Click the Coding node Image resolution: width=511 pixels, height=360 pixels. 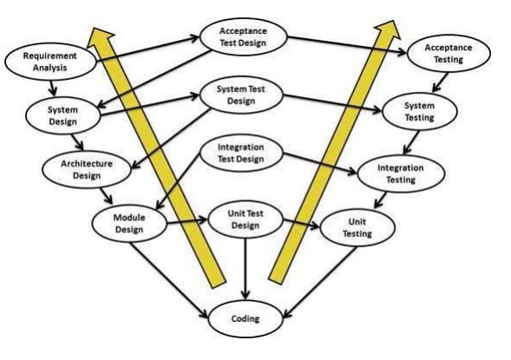[x=246, y=318]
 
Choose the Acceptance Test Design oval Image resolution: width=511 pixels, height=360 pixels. [x=243, y=36]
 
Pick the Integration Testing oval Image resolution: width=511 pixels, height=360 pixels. [x=396, y=170]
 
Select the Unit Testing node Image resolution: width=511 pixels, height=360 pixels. [x=357, y=228]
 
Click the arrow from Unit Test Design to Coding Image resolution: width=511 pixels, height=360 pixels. [x=246, y=269]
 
